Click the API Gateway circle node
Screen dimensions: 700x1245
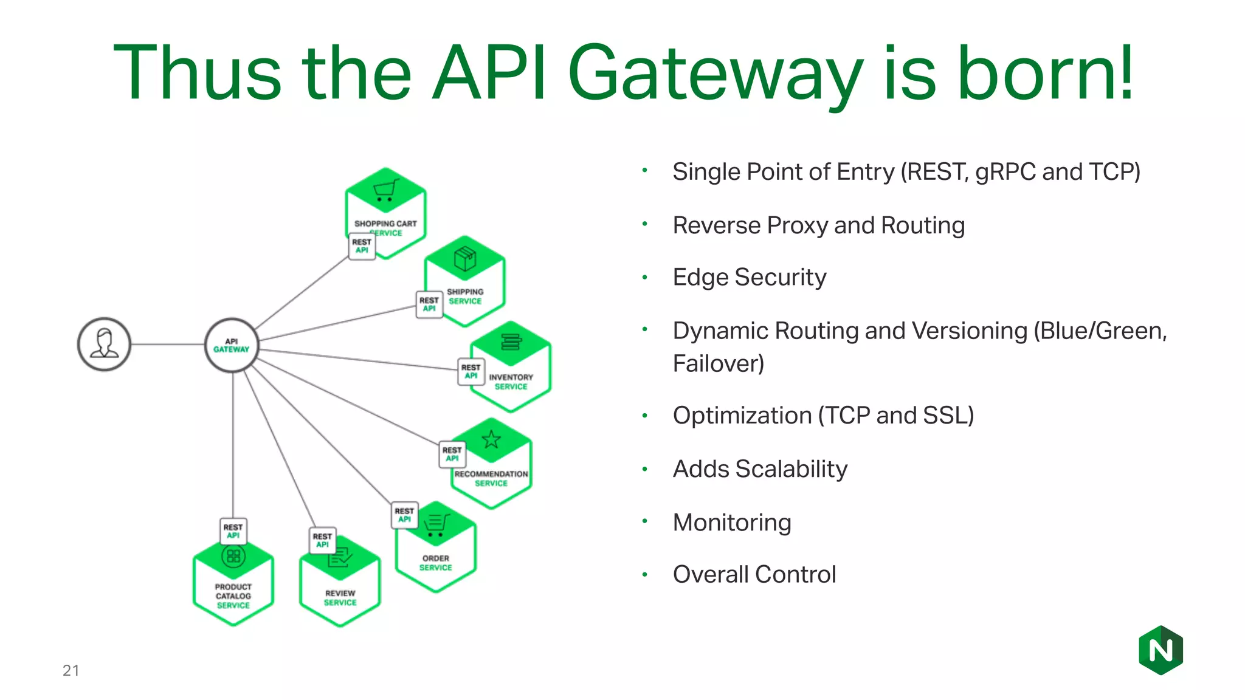[232, 345]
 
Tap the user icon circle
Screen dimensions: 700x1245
[105, 344]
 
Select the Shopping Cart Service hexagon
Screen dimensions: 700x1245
[386, 210]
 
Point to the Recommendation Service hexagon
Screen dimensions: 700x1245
[492, 465]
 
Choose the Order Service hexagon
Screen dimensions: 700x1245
[436, 549]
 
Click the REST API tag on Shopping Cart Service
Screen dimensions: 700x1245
[362, 246]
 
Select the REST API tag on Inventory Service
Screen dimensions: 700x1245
[471, 371]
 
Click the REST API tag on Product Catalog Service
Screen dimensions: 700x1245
[233, 531]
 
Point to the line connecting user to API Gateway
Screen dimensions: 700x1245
[168, 344]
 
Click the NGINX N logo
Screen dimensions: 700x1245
[1161, 650]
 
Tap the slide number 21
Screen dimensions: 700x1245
[71, 670]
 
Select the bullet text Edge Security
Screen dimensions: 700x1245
[749, 278]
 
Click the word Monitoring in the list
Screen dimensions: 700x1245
[732, 523]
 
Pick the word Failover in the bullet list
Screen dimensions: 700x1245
[717, 364]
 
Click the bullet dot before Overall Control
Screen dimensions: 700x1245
[645, 574]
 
